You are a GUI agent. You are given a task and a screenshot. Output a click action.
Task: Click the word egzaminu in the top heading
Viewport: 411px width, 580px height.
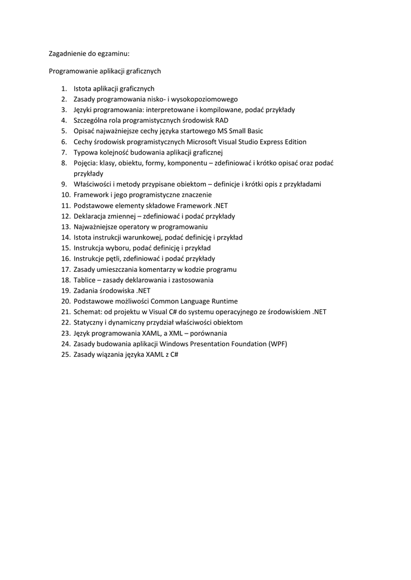[x=113, y=54]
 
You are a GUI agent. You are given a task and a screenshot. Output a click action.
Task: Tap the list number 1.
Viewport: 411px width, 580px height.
[x=64, y=89]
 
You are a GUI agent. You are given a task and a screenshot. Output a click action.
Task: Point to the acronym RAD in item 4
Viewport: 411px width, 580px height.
[x=222, y=121]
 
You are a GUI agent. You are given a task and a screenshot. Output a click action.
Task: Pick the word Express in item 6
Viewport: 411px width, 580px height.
[x=260, y=142]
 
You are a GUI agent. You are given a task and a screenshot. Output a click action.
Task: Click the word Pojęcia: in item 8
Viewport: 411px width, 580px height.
[x=86, y=163]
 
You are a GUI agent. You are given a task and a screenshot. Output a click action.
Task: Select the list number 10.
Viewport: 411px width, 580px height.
[x=65, y=195]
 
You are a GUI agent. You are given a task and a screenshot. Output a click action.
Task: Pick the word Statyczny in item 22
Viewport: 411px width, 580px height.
[x=89, y=322]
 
